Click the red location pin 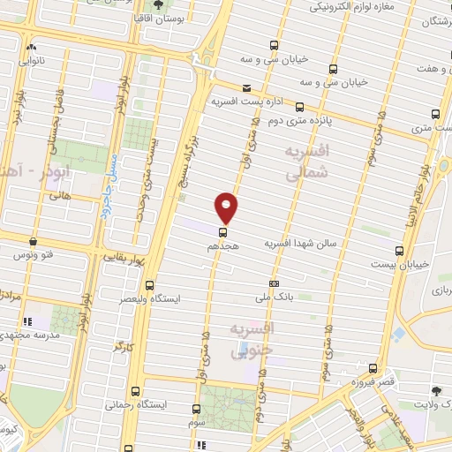coord(227,206)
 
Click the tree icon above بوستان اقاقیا coord(157,4)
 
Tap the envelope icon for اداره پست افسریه coord(245,87)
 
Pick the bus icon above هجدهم coord(221,231)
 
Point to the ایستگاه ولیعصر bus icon coord(148,285)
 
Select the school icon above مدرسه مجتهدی coord(30,321)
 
